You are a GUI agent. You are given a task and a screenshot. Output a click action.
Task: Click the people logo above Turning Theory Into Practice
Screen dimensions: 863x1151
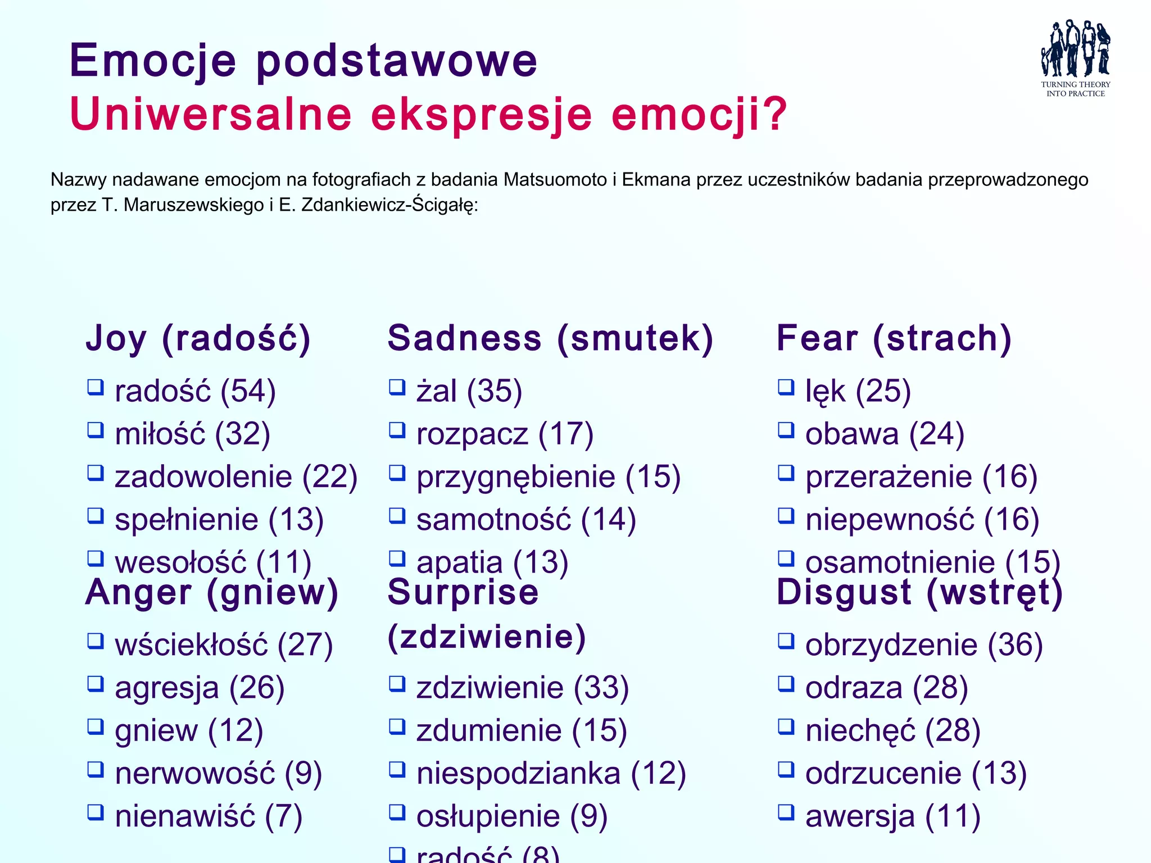point(1075,49)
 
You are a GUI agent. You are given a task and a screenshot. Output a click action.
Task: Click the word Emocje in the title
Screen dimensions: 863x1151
point(153,61)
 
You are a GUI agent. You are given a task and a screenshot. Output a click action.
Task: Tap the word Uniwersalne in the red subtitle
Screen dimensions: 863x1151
point(211,115)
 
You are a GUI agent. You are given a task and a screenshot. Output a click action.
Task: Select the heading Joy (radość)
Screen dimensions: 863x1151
point(198,338)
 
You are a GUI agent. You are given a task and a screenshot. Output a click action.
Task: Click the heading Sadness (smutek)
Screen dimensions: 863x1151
point(550,338)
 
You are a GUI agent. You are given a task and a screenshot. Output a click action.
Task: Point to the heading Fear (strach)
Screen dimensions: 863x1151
point(894,338)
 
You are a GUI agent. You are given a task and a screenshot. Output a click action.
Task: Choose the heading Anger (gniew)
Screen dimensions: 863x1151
point(212,592)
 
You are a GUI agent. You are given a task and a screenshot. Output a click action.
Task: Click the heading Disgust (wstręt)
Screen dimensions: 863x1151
point(919,592)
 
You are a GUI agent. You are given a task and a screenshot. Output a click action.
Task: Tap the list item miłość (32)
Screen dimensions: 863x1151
point(192,434)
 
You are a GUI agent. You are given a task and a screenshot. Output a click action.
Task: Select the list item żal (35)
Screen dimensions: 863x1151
point(469,391)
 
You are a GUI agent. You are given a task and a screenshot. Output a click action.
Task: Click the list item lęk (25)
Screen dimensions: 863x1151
point(858,391)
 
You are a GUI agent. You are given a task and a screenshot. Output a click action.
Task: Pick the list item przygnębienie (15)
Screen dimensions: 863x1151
point(548,477)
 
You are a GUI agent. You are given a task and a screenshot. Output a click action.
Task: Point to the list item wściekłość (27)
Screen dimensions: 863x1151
point(224,644)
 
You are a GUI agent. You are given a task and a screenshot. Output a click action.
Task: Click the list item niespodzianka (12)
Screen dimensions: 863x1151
point(551,773)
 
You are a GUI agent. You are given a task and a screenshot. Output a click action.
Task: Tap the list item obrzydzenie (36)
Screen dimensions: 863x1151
point(923,644)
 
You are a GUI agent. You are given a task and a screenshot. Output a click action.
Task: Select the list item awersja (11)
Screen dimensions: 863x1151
point(892,816)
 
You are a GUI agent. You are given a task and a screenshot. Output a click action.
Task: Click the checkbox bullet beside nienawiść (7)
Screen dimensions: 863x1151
point(96,812)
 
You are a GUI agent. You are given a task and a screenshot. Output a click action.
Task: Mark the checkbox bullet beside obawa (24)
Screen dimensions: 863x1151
point(786,430)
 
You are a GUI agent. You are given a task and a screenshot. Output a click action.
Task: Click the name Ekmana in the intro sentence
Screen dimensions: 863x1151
point(656,180)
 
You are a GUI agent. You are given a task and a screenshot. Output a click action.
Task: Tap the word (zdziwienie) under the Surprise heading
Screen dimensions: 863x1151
point(487,637)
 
